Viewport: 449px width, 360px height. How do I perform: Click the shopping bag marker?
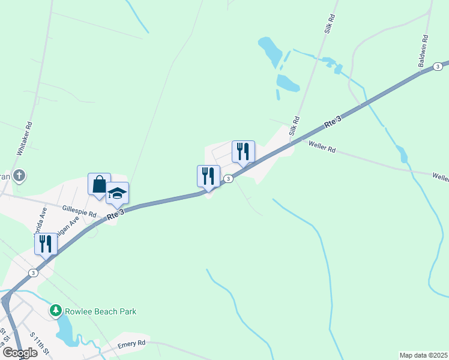click(x=99, y=184)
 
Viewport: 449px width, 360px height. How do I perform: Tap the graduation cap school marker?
click(x=118, y=193)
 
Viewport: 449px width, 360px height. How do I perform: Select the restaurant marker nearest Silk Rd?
click(x=243, y=151)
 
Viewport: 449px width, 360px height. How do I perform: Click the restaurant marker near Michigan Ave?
click(x=46, y=244)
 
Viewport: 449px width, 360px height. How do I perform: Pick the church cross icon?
click(x=19, y=176)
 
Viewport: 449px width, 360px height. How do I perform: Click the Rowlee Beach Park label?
click(x=101, y=311)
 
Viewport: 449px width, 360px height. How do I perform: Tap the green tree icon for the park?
click(x=56, y=310)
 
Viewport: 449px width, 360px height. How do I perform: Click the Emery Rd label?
click(x=132, y=343)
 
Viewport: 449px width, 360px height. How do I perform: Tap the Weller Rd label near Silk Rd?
click(x=322, y=147)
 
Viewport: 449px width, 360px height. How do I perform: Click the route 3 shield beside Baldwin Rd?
click(x=438, y=66)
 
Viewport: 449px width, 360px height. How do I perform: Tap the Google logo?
click(x=20, y=352)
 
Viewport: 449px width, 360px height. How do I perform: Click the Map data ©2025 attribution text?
click(x=424, y=355)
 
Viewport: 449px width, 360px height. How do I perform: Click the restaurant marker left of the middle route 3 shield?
click(x=208, y=176)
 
